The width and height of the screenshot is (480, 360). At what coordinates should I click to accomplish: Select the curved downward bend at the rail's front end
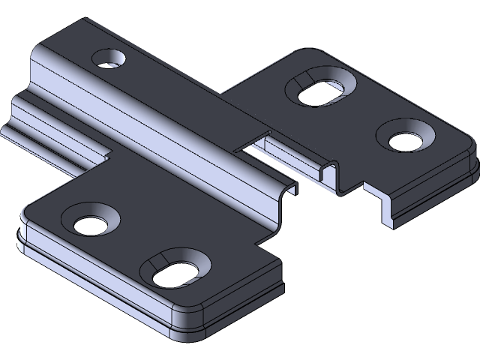click(x=281, y=196)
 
